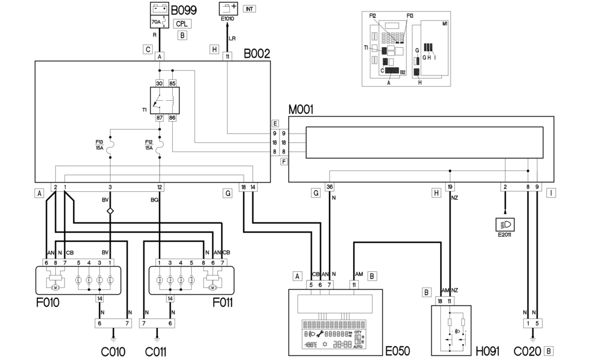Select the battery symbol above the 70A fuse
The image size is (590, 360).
click(x=160, y=9)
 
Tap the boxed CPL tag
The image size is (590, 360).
click(x=183, y=24)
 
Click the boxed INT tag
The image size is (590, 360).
click(x=249, y=9)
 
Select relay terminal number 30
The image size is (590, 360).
click(x=158, y=82)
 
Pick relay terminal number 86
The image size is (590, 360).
click(x=172, y=117)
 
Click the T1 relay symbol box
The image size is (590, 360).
click(x=165, y=100)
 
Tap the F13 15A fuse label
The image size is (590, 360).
click(x=100, y=145)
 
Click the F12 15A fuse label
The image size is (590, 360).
click(x=149, y=145)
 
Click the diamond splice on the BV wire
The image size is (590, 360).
click(x=110, y=211)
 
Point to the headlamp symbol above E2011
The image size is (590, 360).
click(x=505, y=224)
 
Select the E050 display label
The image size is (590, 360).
click(x=397, y=350)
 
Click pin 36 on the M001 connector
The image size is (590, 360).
click(x=330, y=186)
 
